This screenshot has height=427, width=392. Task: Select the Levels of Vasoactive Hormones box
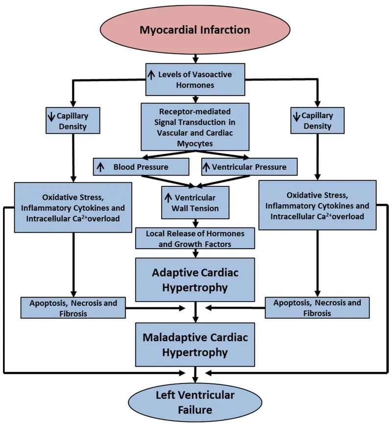pos(196,79)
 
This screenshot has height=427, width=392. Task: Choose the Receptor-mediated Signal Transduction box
pos(196,126)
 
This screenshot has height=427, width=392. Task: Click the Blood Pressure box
pos(141,167)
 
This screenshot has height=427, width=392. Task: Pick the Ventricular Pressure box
pos(249,167)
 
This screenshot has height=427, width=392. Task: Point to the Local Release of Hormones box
pos(196,238)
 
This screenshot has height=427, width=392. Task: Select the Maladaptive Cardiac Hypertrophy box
pos(196,345)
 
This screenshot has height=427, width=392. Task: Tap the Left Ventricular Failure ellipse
pos(196,402)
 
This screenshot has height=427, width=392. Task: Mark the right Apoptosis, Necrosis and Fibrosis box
pos(317,307)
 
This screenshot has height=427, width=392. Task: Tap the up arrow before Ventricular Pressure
pos(207,167)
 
